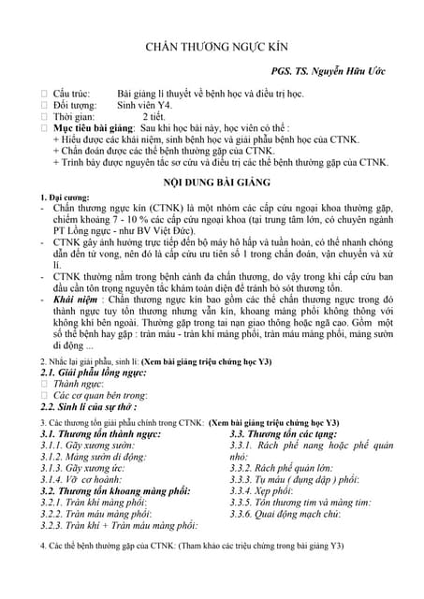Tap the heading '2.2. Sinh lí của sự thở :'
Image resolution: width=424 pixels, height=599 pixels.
tap(89, 407)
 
